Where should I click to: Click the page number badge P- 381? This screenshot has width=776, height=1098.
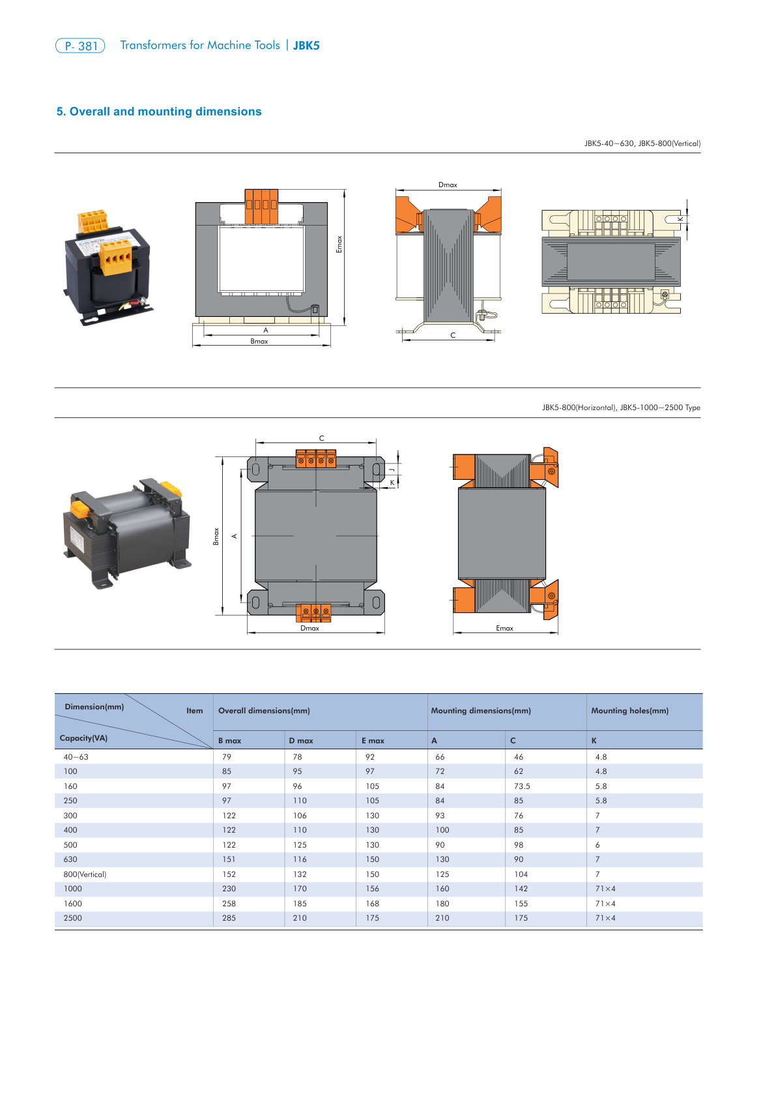point(80,46)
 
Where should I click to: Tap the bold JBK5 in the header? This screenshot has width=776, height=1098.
point(306,46)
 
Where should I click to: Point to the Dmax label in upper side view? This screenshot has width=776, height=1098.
point(448,185)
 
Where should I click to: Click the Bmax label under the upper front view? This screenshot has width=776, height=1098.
point(259,342)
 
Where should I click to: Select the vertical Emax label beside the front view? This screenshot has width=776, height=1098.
point(339,245)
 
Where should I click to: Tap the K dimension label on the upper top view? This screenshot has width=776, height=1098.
point(680,219)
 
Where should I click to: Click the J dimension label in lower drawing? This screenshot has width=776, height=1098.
point(392,469)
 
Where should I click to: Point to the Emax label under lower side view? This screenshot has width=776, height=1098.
point(504,629)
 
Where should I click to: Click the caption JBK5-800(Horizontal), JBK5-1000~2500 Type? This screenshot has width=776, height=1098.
point(621,408)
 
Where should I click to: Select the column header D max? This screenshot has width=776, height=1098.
point(301,741)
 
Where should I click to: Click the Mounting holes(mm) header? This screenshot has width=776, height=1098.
point(629,711)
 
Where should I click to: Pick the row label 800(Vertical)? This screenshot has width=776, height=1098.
point(85,874)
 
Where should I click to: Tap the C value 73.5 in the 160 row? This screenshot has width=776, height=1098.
point(522,786)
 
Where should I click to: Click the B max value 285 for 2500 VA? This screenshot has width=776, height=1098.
point(229,918)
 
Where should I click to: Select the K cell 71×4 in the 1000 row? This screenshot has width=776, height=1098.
point(605,889)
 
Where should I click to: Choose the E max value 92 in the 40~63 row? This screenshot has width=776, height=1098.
point(370,757)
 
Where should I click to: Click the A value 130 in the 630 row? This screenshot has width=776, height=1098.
point(442,859)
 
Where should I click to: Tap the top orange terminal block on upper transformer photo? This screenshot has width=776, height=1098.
point(93,220)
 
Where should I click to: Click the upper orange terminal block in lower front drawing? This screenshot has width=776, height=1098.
point(316,458)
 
